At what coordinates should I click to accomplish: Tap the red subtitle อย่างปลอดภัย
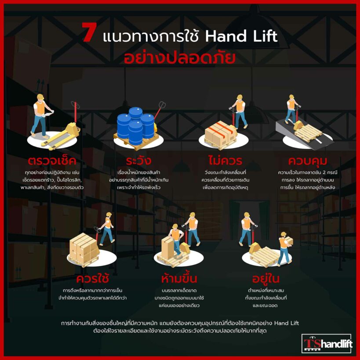(179, 58)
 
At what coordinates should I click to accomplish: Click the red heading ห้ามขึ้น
(179, 279)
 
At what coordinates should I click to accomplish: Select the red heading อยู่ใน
(266, 279)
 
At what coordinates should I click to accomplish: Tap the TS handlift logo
(327, 344)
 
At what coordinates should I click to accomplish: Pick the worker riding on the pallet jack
(176, 240)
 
